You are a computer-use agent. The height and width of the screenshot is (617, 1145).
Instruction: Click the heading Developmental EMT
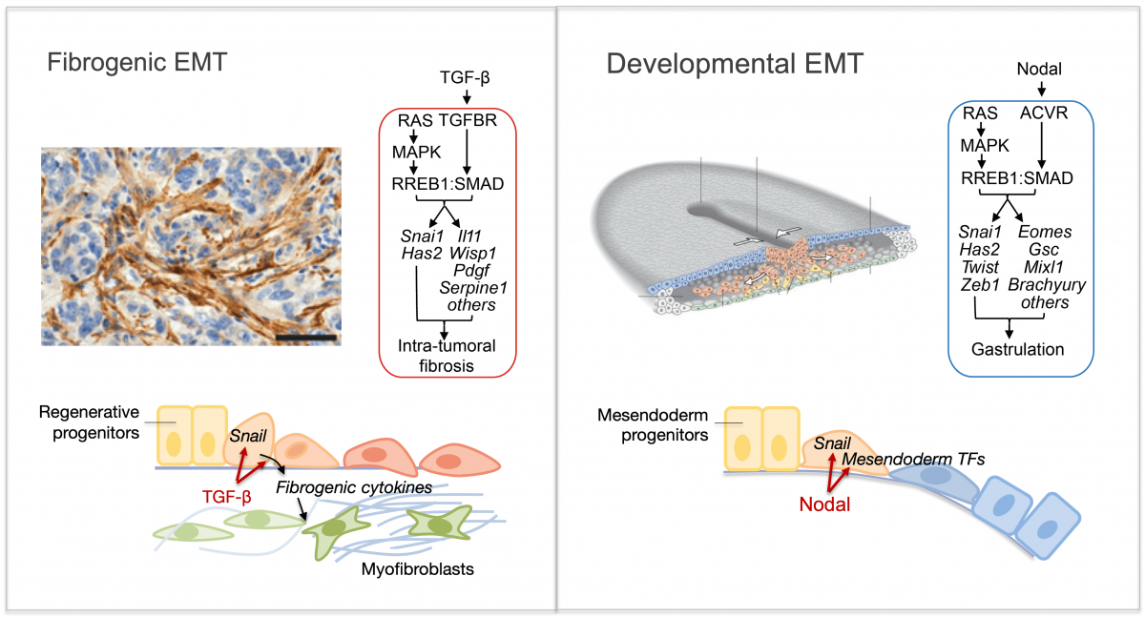pos(735,65)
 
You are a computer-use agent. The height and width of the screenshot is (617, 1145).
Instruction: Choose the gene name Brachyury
pos(1046,285)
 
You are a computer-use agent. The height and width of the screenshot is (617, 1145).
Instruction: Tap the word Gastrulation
pos(1018,349)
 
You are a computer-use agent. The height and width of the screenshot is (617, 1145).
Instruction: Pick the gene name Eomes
pos(1045,232)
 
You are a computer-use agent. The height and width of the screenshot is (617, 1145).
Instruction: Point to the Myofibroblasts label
pos(418,569)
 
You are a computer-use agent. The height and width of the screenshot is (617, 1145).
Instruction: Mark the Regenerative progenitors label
pos(90,422)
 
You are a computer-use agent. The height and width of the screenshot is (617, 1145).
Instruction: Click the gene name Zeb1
pos(976,285)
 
